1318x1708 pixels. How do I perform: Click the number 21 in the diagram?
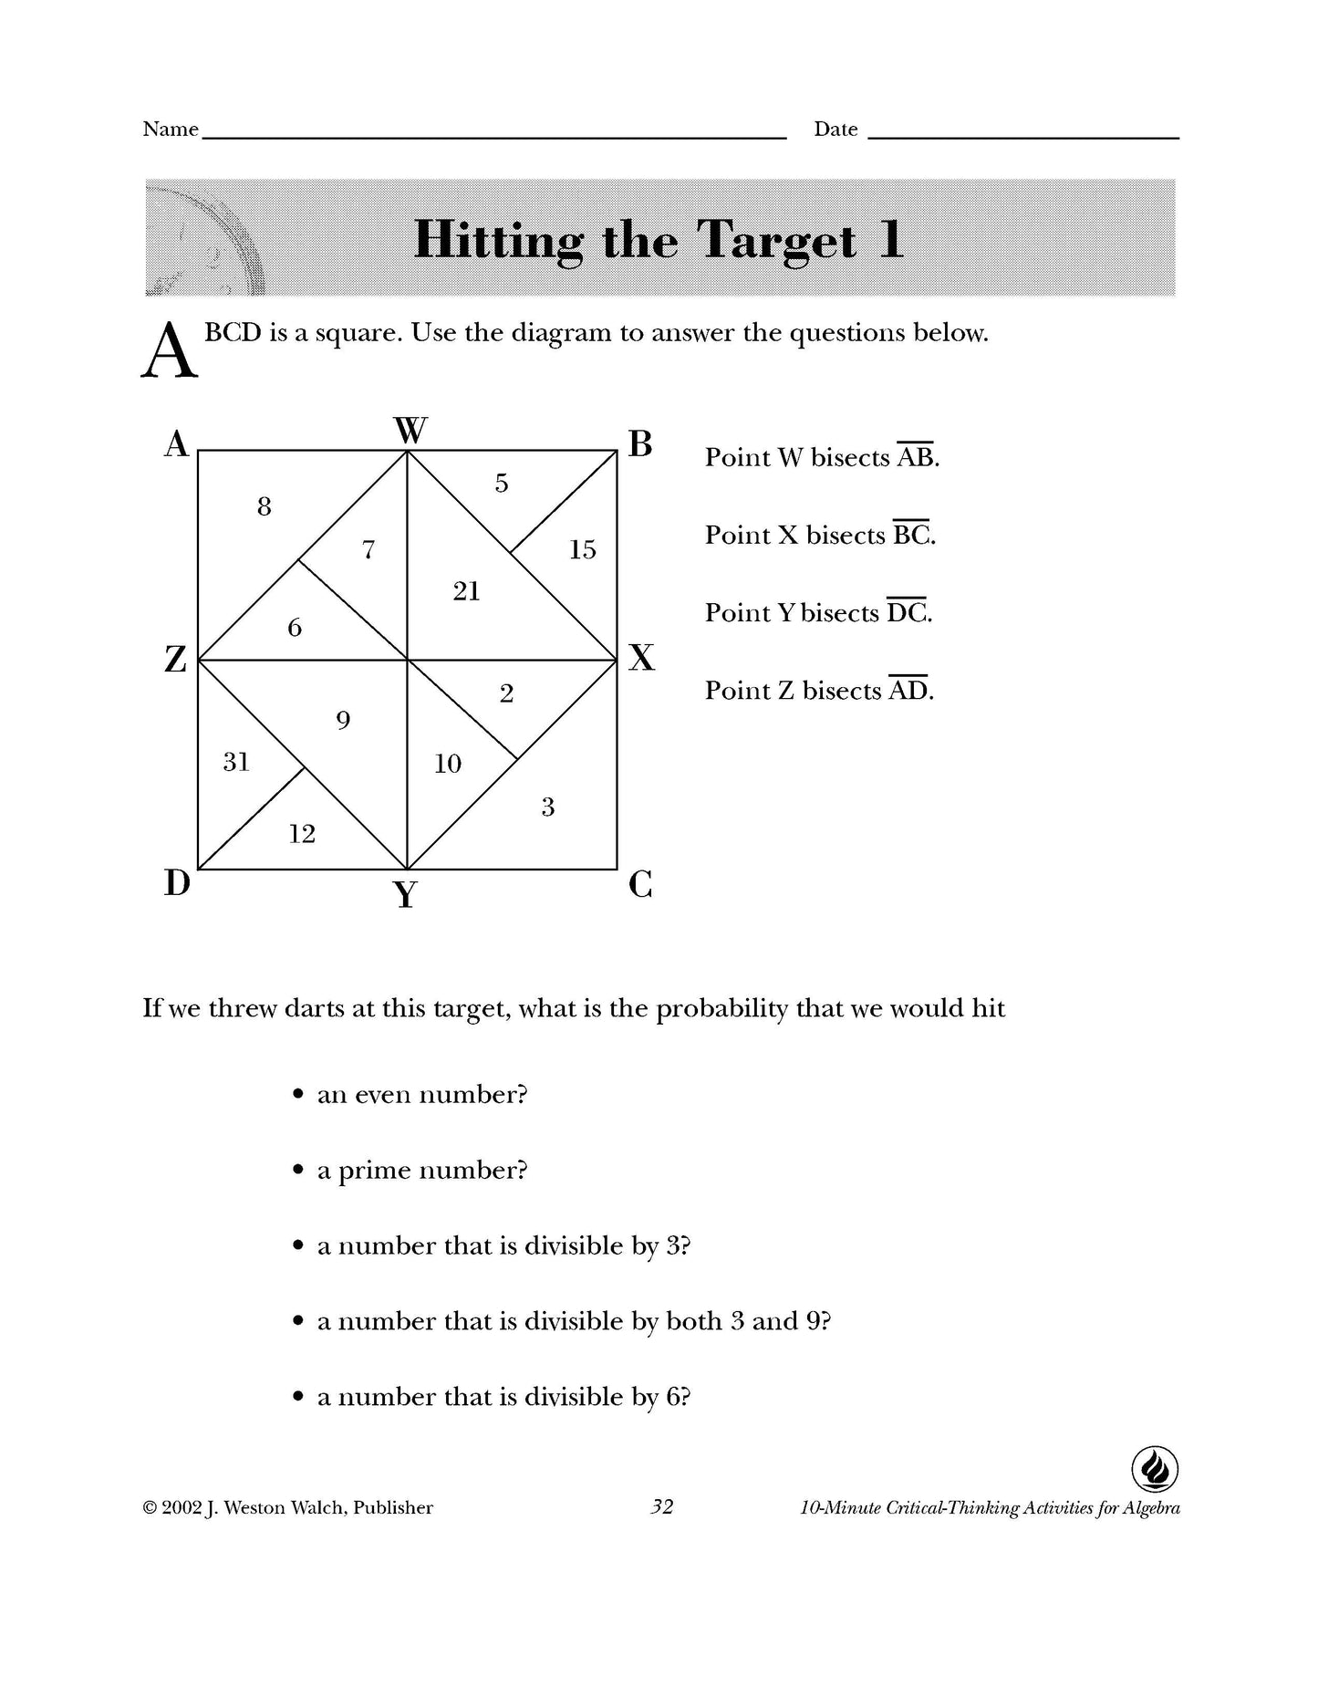coord(466,592)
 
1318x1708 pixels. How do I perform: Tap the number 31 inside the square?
coord(236,762)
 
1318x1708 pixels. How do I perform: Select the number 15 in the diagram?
coord(582,549)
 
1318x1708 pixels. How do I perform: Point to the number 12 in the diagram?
coord(302,834)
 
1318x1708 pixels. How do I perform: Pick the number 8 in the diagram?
coord(265,506)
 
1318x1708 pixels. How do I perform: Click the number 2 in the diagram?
coord(507,693)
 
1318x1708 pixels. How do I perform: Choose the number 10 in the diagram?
coord(448,764)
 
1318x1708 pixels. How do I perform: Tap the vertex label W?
coord(410,430)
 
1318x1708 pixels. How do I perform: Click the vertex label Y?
coord(406,895)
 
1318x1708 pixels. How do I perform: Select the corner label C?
coord(640,884)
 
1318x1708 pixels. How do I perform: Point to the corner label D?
coord(177,882)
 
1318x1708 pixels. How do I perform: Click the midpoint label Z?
coord(175,658)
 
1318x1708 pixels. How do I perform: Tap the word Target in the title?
coord(777,241)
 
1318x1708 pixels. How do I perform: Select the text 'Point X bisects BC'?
coord(820,535)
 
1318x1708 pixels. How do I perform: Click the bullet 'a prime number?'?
coord(421,1171)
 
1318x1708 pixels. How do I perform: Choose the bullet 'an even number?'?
coord(421,1094)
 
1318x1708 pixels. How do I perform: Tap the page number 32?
coord(661,1506)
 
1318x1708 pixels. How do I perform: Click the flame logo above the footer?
coord(1155,1469)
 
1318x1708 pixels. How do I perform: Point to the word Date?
coord(835,130)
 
